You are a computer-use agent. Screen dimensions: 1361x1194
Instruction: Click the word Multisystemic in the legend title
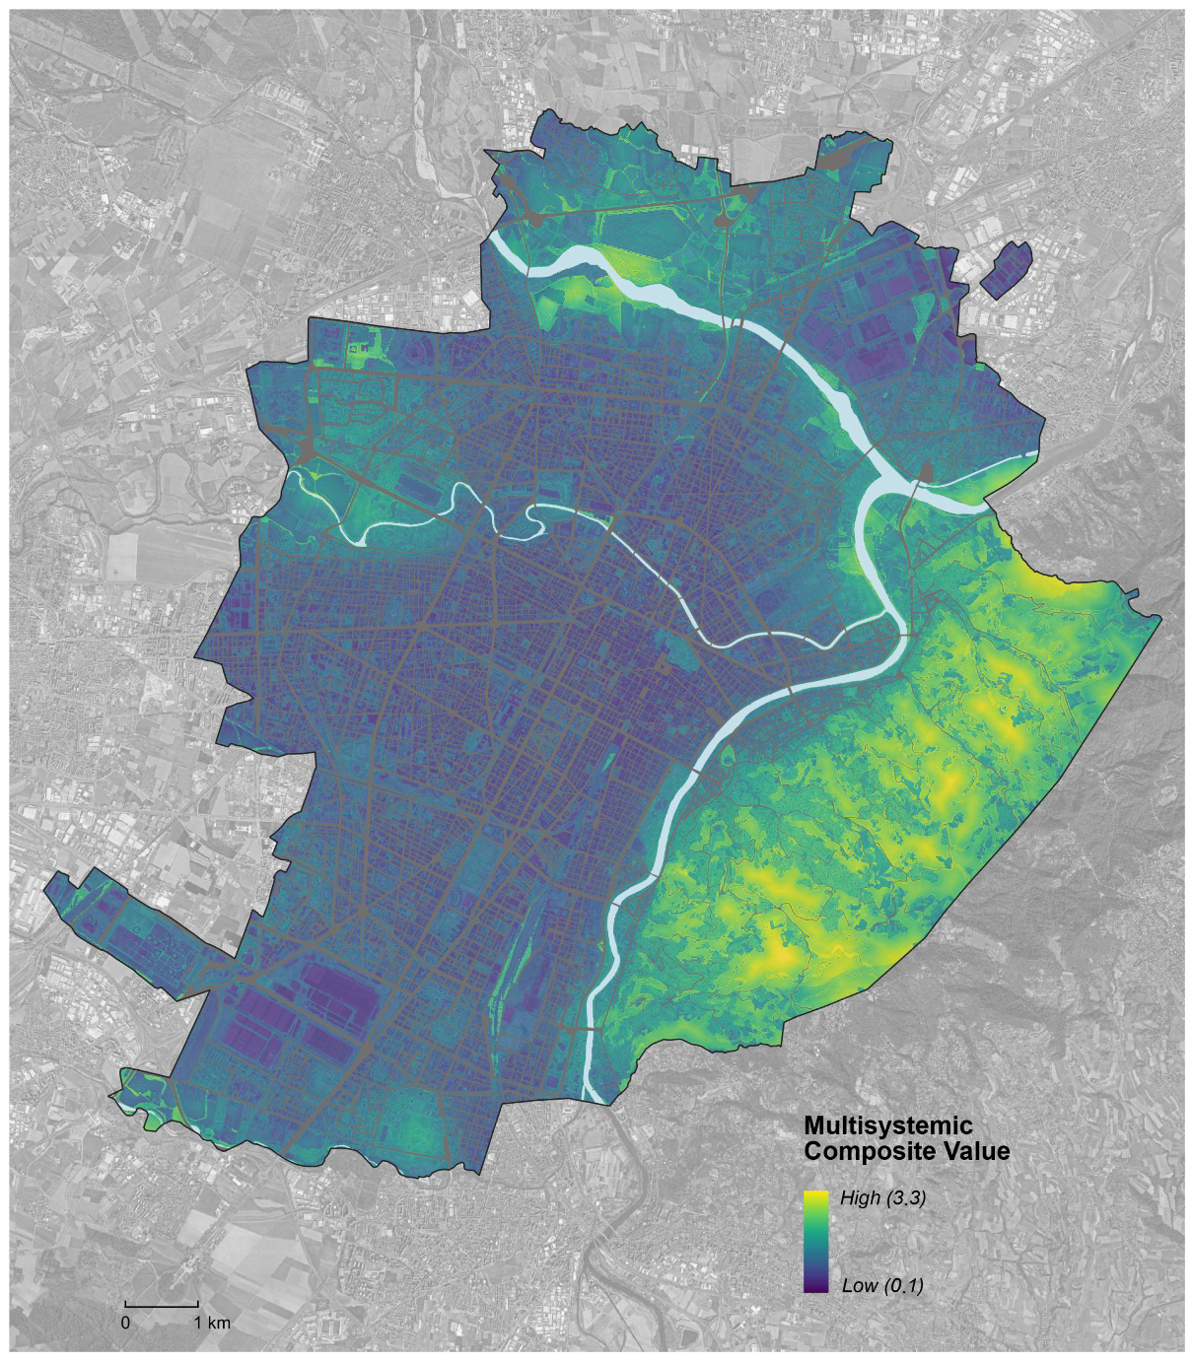[887, 1125]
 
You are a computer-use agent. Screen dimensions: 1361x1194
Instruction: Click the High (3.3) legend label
[882, 1198]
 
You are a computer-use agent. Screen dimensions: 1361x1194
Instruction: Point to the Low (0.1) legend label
[882, 1285]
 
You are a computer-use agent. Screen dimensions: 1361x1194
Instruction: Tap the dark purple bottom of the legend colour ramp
[815, 1283]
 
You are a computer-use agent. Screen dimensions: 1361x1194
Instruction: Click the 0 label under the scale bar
[125, 1323]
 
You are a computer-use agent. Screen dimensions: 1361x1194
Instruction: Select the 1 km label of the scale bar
[211, 1323]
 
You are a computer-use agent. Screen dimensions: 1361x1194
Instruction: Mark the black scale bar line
[162, 1306]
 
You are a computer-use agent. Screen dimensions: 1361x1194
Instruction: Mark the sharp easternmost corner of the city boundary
[1160, 618]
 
